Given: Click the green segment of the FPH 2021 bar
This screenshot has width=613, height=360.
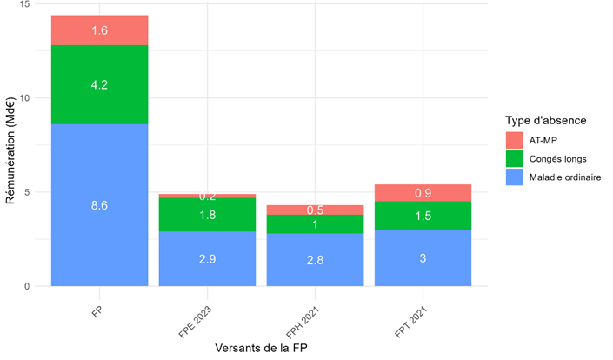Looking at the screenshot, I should [x=315, y=223].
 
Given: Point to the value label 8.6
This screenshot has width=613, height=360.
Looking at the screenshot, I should [x=99, y=205].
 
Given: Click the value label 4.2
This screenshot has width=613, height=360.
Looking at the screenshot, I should [x=99, y=85].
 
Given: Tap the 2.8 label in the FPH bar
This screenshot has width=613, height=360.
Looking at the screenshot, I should [x=315, y=260].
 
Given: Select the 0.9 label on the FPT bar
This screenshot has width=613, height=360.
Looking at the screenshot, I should [x=423, y=193].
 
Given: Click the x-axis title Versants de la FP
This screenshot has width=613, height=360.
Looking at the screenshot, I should [x=262, y=348].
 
